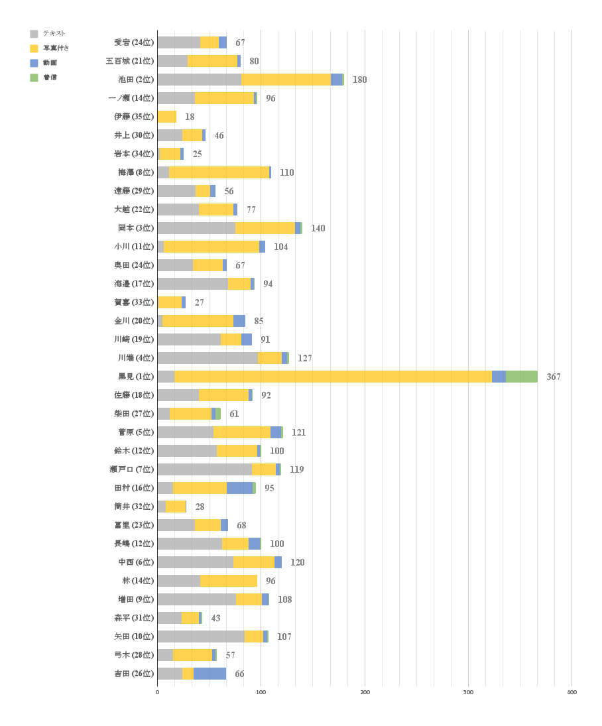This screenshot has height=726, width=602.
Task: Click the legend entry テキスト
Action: click(x=54, y=34)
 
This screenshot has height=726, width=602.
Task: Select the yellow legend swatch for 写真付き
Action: click(x=34, y=48)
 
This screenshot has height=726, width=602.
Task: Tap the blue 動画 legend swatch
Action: click(x=34, y=63)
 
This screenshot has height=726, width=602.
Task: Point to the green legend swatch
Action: click(x=34, y=78)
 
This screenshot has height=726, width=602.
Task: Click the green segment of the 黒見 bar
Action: click(x=521, y=377)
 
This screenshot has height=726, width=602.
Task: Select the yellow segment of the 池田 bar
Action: click(x=286, y=80)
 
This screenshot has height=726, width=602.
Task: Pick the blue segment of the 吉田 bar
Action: click(x=210, y=674)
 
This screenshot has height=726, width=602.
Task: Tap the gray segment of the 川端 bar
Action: click(x=208, y=358)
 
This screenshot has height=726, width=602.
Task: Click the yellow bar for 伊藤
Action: click(x=167, y=117)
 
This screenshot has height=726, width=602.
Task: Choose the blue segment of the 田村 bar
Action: click(x=239, y=488)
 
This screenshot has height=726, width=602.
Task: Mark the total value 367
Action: click(x=553, y=377)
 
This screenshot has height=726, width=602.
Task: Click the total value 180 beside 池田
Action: click(x=359, y=80)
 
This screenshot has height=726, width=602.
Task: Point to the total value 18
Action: click(x=190, y=117)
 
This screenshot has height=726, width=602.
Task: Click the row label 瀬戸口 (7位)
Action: click(x=131, y=469)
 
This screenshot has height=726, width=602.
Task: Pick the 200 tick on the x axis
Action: click(x=365, y=692)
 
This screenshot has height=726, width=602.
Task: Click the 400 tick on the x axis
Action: click(x=572, y=692)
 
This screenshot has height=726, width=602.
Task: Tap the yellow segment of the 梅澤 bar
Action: click(x=219, y=172)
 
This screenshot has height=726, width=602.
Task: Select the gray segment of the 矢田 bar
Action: click(x=201, y=636)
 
